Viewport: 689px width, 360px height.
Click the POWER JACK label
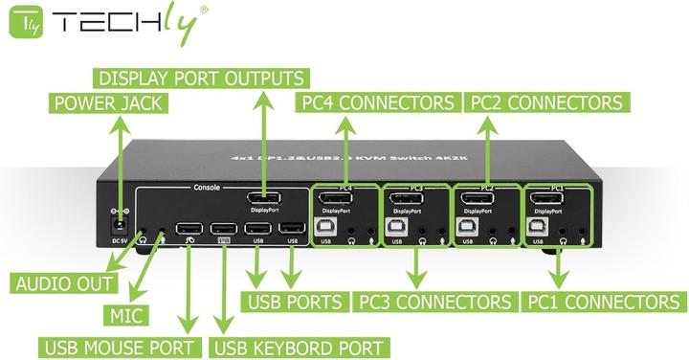click(108, 102)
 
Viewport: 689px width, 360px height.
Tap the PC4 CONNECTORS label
click(376, 102)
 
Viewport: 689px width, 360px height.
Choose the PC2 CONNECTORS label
click(544, 102)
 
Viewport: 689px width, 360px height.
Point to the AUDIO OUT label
click(64, 283)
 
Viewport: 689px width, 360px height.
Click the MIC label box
click(122, 315)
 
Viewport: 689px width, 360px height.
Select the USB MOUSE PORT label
click(120, 347)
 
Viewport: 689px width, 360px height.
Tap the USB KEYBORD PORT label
click(298, 347)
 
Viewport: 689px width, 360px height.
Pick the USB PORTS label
click(295, 303)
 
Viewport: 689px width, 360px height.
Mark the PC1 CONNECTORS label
click(605, 303)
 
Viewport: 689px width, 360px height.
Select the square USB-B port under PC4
click(325, 228)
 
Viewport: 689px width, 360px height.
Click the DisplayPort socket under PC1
click(548, 201)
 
